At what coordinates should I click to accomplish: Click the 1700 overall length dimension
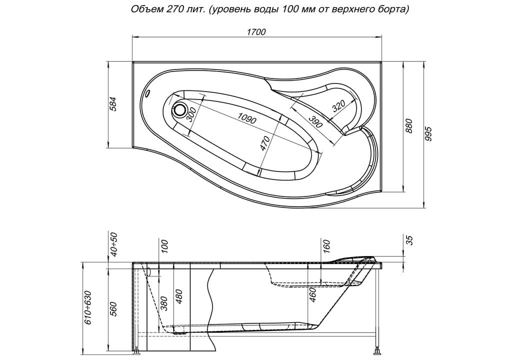click(256, 31)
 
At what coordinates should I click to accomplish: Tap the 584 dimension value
click(112, 103)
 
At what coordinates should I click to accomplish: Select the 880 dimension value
click(409, 126)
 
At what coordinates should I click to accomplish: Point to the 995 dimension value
click(428, 134)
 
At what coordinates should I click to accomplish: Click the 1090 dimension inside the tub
click(247, 118)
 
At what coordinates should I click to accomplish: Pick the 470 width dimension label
click(265, 143)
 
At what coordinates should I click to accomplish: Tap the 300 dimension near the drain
click(191, 114)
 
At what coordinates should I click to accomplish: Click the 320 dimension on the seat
click(338, 106)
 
